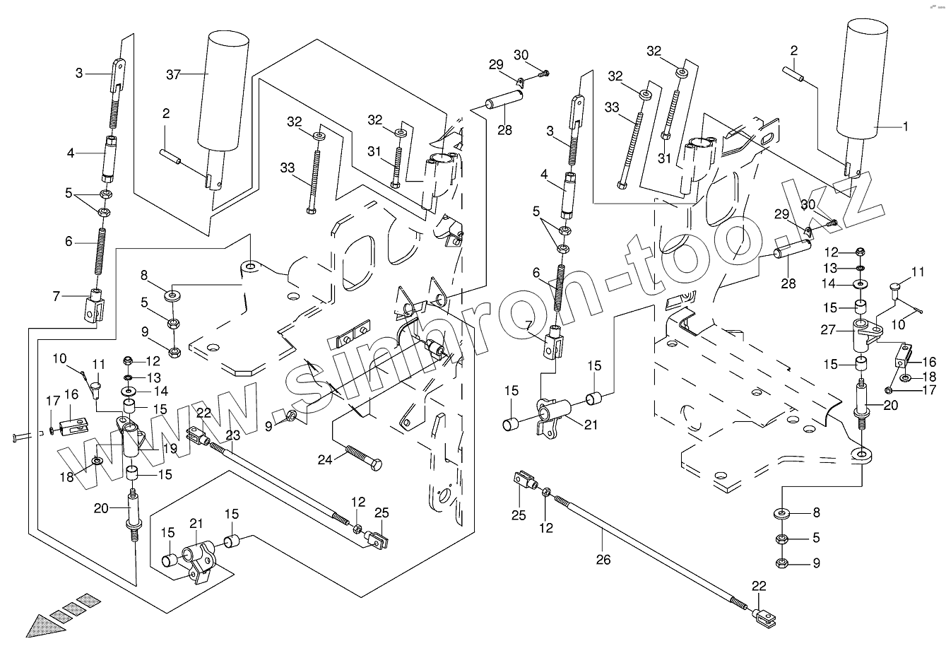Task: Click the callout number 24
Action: pos(324,459)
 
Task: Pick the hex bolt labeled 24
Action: pos(363,457)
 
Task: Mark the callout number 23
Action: pos(233,435)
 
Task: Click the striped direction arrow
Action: pos(57,614)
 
